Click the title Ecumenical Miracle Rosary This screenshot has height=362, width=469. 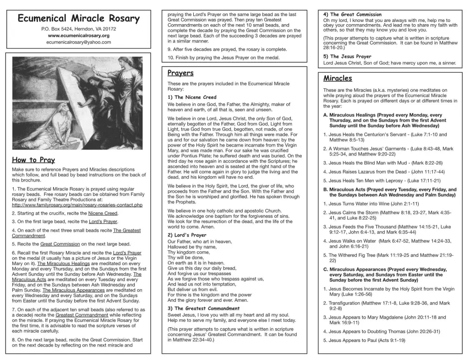(x=78, y=19)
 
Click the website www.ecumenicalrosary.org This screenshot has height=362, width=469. (x=78, y=35)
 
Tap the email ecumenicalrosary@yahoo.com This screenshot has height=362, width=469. (x=78, y=42)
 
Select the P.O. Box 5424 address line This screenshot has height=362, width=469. (x=78, y=29)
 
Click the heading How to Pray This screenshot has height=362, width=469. (x=33, y=160)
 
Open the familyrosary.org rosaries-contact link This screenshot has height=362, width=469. (x=77, y=205)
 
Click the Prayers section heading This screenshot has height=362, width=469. (x=180, y=73)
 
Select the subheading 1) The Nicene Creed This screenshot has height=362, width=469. (x=192, y=97)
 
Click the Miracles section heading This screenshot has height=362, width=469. (x=338, y=78)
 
